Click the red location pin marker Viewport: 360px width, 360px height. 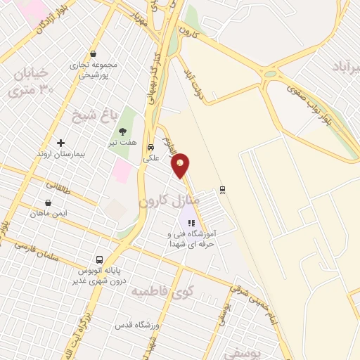click(181, 165)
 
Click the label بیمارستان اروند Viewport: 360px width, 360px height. click(61, 153)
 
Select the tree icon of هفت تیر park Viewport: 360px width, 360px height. click(123, 131)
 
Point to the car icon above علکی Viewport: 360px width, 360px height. click(151, 148)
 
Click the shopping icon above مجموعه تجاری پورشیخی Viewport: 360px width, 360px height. click(93, 54)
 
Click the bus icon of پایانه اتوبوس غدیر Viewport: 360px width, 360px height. click(100, 259)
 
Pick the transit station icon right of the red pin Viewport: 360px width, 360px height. click(222, 188)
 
